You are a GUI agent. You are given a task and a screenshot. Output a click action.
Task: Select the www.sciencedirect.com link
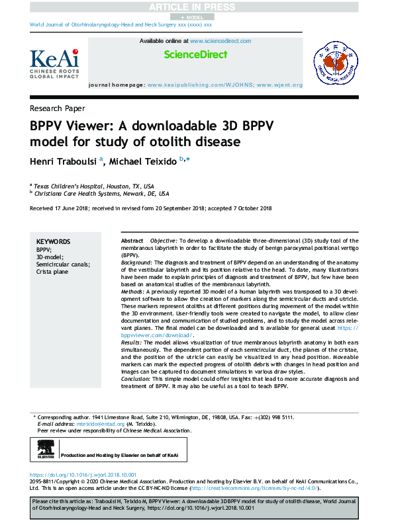click(220, 41)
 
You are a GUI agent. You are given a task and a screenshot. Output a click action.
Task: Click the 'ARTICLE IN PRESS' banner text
click(197, 7)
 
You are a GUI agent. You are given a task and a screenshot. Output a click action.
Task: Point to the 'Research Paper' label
click(57, 108)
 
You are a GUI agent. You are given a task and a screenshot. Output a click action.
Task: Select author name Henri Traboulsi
click(63, 161)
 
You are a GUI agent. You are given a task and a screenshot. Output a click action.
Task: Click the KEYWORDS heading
click(53, 242)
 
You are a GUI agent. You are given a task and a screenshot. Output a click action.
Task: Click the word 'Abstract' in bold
click(132, 241)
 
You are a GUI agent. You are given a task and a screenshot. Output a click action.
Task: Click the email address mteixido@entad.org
click(97, 424)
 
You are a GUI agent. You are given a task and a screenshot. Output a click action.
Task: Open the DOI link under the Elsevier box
click(83, 475)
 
